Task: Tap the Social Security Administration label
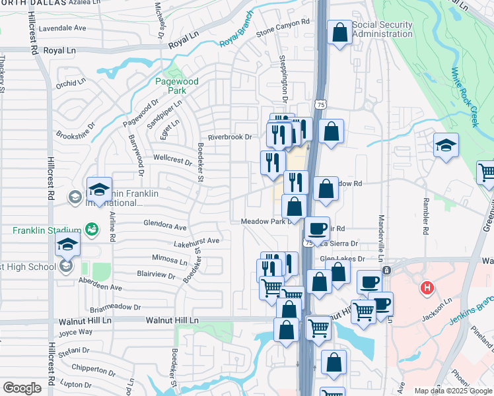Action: pyautogui.click(x=382, y=30)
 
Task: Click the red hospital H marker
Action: pyautogui.click(x=427, y=288)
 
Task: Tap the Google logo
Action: pyautogui.click(x=22, y=387)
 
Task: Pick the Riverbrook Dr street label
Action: pyautogui.click(x=230, y=137)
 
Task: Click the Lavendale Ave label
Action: pyautogui.click(x=63, y=28)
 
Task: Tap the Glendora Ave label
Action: pyautogui.click(x=165, y=226)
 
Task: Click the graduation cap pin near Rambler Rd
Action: pyautogui.click(x=446, y=145)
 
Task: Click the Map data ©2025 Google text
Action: pyautogui.click(x=452, y=391)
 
